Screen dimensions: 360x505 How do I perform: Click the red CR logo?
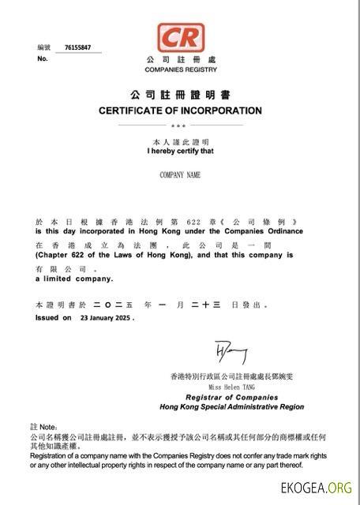180,37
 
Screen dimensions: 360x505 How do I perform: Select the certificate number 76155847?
77,47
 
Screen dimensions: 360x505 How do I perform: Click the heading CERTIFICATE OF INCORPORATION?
180,110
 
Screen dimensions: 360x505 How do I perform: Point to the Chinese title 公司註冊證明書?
180,95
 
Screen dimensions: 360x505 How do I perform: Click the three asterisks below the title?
179,125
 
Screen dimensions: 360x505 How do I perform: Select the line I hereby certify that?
180,150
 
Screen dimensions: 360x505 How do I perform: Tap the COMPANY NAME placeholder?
180,174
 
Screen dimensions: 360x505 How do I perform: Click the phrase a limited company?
74,279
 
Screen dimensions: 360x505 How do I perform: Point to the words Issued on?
53,318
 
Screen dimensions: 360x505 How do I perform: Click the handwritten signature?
230,353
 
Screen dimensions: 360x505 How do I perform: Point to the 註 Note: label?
43,426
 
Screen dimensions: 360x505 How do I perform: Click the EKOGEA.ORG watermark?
316,488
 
